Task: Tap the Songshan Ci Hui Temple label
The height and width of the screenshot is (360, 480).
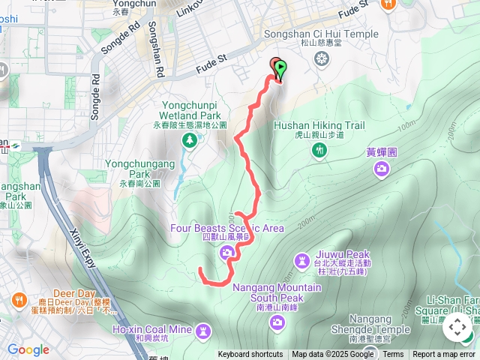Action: point(322,34)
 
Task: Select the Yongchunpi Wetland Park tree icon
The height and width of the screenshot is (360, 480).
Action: point(190,139)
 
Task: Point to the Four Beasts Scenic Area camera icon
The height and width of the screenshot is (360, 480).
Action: point(227,254)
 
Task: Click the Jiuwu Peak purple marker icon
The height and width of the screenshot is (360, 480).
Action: point(301,259)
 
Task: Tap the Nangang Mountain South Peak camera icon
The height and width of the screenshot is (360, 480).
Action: point(277,322)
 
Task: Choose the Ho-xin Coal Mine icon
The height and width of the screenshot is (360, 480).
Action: point(202,330)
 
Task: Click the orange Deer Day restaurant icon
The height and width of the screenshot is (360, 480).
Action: point(18,301)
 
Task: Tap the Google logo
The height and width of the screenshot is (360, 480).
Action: point(28,349)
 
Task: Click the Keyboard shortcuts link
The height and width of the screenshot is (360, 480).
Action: point(250,355)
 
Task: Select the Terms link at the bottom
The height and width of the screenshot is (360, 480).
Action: point(393,355)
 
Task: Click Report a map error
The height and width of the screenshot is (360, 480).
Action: point(444,355)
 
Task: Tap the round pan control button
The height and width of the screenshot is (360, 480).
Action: point(457,327)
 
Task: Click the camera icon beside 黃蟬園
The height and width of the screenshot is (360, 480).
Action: point(381,168)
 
